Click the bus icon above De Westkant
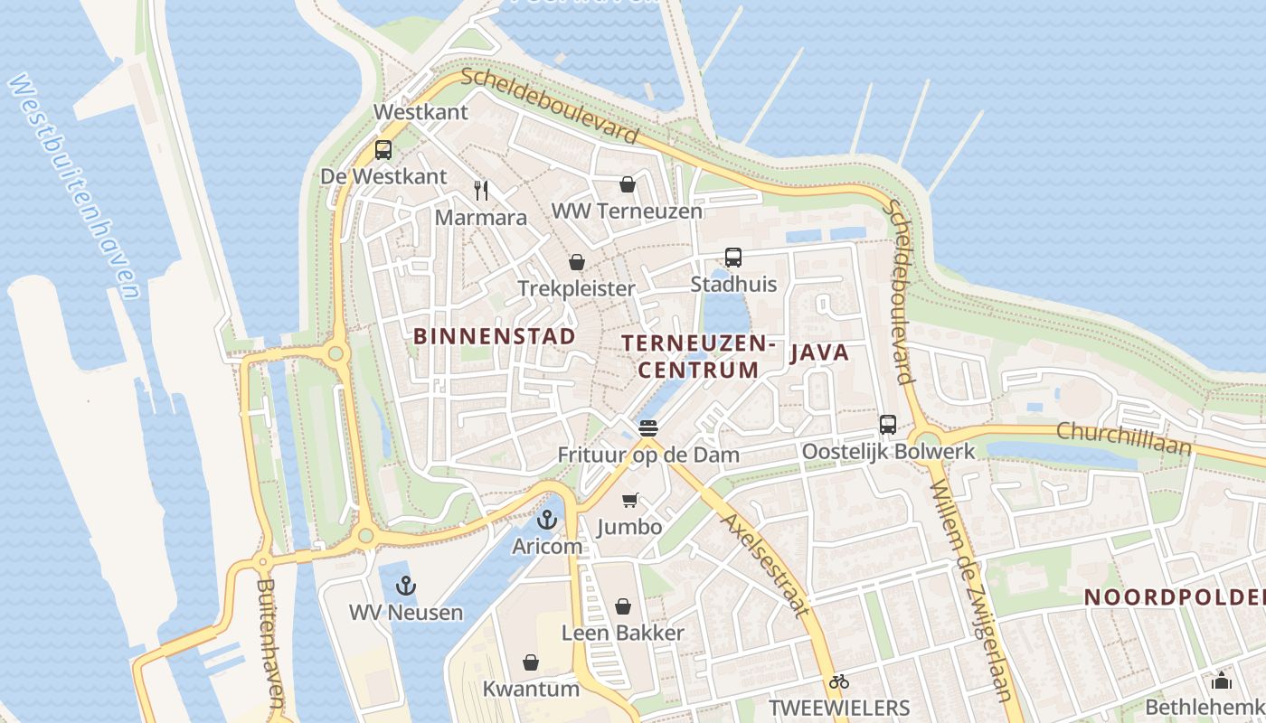point(383,150)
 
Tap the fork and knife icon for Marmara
point(481,191)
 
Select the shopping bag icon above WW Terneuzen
point(628,185)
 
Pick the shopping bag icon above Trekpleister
point(577,263)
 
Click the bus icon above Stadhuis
point(733,258)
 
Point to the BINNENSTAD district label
point(495,336)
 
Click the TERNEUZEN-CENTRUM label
point(699,356)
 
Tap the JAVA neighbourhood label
point(820,352)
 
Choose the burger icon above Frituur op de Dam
point(648,428)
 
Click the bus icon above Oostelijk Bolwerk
point(888,425)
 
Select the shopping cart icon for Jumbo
point(630,500)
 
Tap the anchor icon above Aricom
point(546,520)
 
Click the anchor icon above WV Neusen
point(407,586)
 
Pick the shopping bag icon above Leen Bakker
point(623,606)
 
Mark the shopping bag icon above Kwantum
point(531,662)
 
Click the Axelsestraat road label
point(764,565)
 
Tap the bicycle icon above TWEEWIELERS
point(839,681)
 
